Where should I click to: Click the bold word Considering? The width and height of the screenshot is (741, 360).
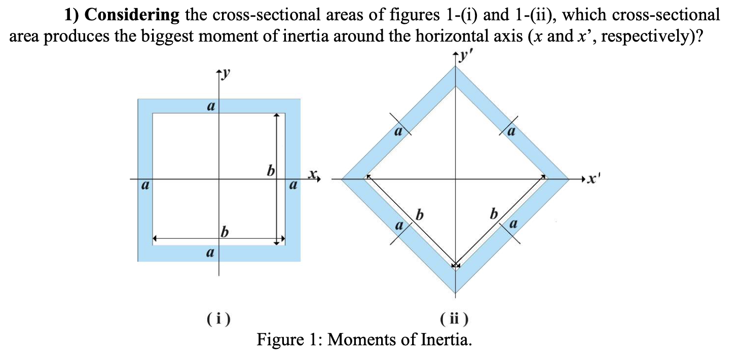pyautogui.click(x=132, y=15)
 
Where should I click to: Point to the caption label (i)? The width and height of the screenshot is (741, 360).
pyautogui.click(x=218, y=319)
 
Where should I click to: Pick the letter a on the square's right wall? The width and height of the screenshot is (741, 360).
pyautogui.click(x=292, y=186)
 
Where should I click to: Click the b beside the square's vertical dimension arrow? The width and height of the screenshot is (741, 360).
pyautogui.click(x=271, y=170)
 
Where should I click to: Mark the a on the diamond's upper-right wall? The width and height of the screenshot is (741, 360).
pyautogui.click(x=512, y=133)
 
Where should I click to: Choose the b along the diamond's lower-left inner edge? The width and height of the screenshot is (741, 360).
pyautogui.click(x=419, y=214)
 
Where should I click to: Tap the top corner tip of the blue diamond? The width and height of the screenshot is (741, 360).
pyautogui.click(x=455, y=66)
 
